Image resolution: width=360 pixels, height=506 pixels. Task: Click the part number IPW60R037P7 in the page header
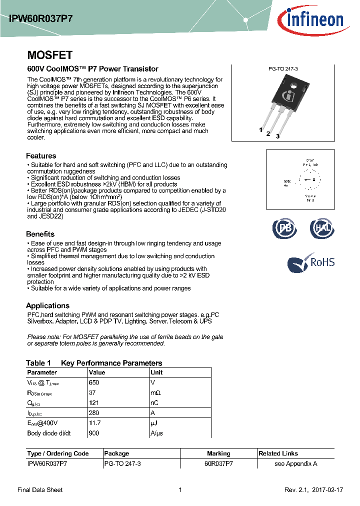pos(41,18)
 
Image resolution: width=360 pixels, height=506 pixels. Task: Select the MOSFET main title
pos(49,55)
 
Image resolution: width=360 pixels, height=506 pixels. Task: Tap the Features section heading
pos(41,156)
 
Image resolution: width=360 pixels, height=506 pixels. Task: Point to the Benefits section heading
pos(40,234)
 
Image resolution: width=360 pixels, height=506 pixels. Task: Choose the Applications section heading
pos(47,305)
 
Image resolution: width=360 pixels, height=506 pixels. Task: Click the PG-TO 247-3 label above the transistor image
pos(283,72)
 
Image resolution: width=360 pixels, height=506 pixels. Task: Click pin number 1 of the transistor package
pos(260,130)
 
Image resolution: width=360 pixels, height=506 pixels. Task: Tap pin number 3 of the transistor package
pos(277,136)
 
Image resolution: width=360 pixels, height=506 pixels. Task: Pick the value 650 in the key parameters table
pos(94,382)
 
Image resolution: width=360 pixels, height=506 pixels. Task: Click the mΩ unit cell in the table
pos(155,392)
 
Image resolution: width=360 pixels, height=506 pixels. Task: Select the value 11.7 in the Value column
pos(95,423)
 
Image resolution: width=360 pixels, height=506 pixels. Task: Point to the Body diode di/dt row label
pos(49,433)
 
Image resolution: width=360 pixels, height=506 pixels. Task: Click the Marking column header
pos(218,453)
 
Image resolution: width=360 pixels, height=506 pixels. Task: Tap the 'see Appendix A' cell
pos(296,463)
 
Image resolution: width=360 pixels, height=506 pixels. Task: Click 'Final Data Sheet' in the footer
pos(40,490)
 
